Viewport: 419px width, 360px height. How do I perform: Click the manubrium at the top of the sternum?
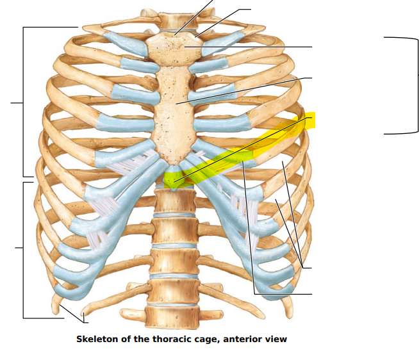click(174, 49)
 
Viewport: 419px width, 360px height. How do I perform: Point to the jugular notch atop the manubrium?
click(174, 34)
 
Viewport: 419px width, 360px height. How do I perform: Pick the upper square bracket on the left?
click(24, 102)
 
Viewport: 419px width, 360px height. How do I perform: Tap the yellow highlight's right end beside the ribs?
click(310, 120)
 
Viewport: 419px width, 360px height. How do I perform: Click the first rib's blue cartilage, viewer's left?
click(125, 44)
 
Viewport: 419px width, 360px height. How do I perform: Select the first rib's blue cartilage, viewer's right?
click(223, 43)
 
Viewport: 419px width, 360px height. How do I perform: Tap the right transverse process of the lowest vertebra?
click(211, 313)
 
